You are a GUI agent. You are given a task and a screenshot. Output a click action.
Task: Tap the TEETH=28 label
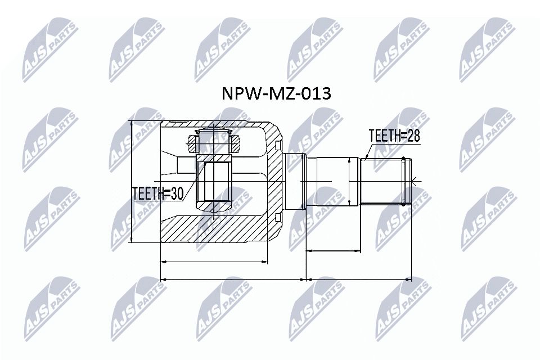pyautogui.click(x=394, y=136)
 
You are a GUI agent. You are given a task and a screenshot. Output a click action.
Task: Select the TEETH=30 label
pyautogui.click(x=157, y=193)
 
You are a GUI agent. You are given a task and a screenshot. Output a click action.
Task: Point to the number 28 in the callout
pyautogui.click(x=412, y=136)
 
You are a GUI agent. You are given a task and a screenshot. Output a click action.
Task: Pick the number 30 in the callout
pyautogui.click(x=176, y=193)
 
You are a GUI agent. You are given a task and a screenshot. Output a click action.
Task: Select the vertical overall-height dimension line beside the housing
pyautogui.click(x=130, y=182)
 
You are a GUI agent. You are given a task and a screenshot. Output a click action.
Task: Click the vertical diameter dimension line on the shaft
pyautogui.click(x=349, y=181)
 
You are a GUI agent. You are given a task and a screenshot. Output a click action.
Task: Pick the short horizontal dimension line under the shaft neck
pyautogui.click(x=332, y=251)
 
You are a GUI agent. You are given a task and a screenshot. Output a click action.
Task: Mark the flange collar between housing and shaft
pyautogui.click(x=295, y=181)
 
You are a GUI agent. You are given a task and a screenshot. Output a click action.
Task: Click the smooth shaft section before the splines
pyautogui.click(x=332, y=181)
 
